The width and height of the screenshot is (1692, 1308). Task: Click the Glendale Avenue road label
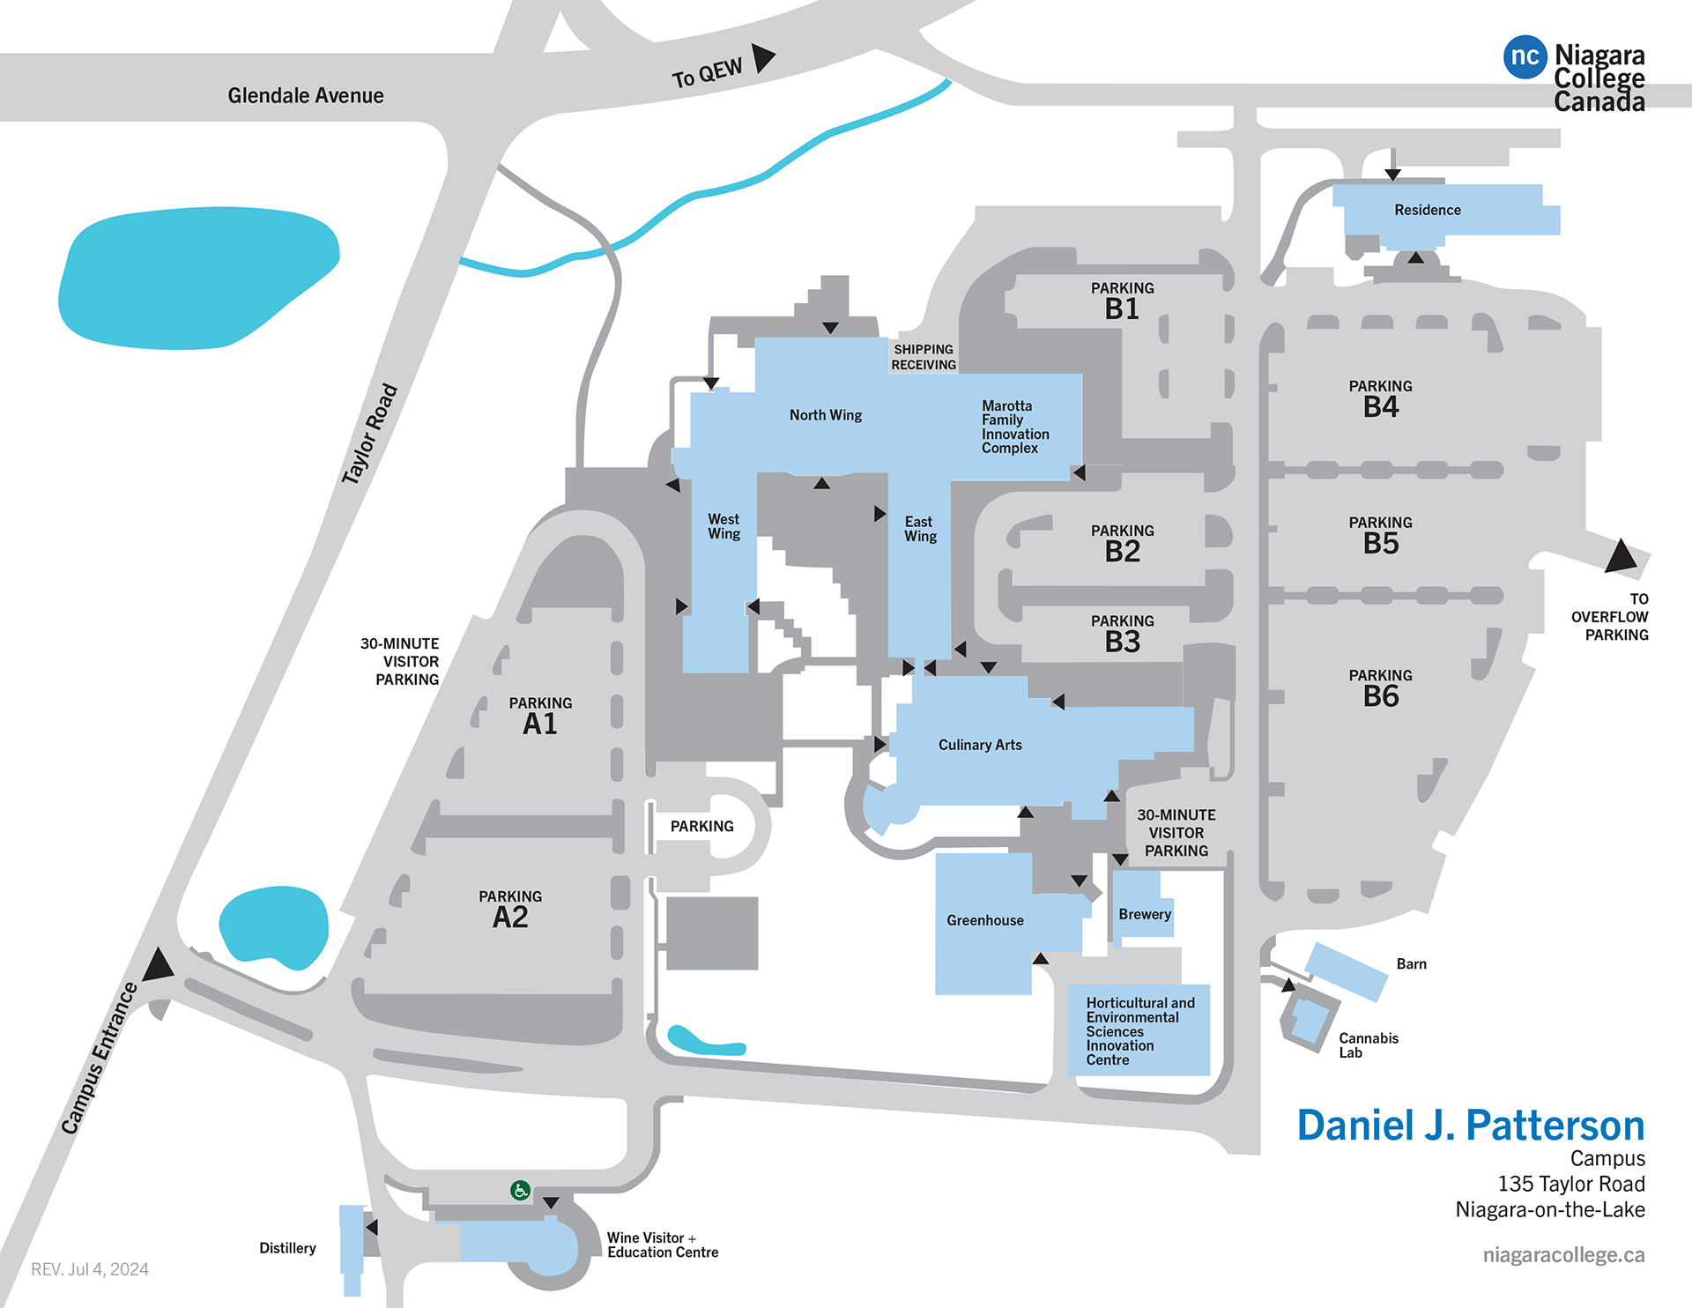coord(306,95)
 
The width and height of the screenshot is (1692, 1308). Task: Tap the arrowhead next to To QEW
coord(763,57)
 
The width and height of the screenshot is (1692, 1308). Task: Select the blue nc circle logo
coord(1525,57)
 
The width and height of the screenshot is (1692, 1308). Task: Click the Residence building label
coord(1428,210)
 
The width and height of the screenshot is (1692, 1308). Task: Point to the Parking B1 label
coord(1122,301)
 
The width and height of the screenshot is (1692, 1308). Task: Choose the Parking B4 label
coord(1380,399)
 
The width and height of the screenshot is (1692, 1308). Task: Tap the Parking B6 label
coord(1380,688)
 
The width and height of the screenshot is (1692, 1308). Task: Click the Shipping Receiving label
coord(924,357)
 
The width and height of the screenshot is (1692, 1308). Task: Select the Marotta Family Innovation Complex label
coord(1015,427)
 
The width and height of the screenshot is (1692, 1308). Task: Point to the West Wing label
coord(724,526)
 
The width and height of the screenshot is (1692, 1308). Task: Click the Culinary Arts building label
coord(980,745)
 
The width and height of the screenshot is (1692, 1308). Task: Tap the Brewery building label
coord(1145,914)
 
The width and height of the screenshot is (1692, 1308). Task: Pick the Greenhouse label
coord(985,920)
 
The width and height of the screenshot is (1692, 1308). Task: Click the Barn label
coord(1411,964)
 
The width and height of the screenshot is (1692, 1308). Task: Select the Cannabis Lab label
coord(1369,1045)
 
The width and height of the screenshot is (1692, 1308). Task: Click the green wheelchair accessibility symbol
coord(520,1191)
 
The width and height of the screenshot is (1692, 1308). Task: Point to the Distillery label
coord(287,1248)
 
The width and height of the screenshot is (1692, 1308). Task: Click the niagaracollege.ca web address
coord(1563,1255)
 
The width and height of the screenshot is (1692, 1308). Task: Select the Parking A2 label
coord(510,910)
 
